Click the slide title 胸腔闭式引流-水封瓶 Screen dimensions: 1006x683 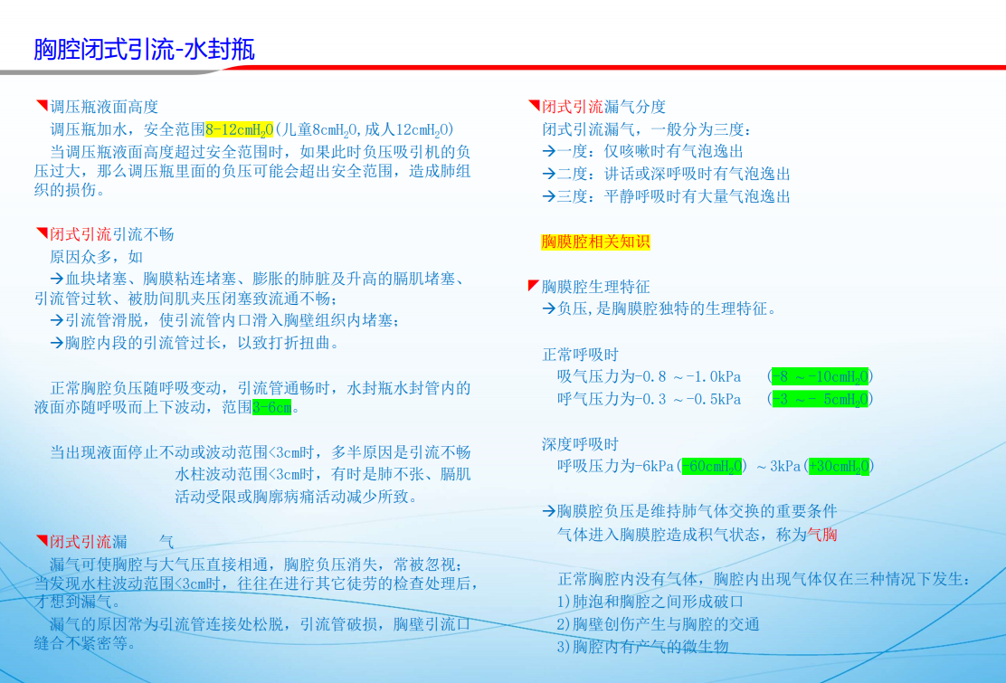145,50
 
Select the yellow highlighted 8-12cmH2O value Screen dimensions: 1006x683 240,130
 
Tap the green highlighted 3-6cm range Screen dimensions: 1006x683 272,407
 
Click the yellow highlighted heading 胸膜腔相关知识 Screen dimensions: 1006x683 595,242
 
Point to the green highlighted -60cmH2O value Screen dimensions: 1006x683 712,466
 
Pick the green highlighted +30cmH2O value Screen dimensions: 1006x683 840,466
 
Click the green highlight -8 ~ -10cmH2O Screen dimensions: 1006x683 820,376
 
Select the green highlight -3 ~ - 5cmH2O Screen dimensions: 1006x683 820,400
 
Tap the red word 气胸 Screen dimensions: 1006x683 821,535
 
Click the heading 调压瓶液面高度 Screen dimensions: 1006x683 104,107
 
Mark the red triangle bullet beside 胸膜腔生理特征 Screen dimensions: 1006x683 533,285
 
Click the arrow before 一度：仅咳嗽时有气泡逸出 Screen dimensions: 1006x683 548,151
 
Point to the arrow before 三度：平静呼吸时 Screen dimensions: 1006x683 548,196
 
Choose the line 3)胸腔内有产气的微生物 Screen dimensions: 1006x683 642,647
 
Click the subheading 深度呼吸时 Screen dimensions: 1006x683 580,444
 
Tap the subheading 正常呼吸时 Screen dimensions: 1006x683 580,354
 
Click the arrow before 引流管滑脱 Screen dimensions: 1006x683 57,320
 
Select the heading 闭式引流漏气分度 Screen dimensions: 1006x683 603,107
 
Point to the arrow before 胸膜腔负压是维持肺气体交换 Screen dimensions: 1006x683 548,511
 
